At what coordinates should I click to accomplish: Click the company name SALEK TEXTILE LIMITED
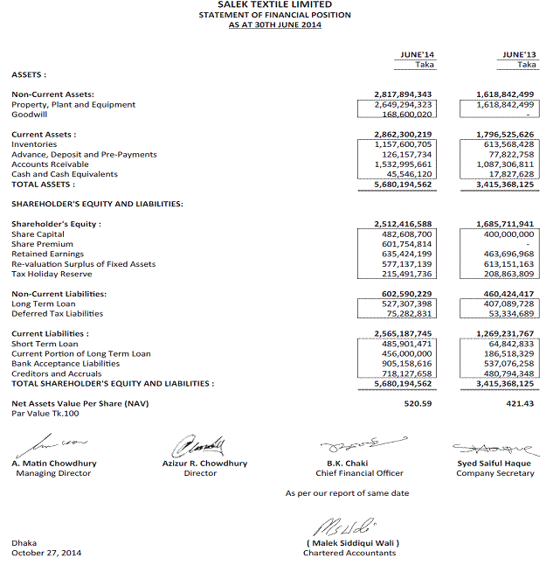coord(274,5)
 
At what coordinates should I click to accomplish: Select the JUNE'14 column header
coord(417,54)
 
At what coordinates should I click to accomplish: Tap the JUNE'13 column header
coord(520,54)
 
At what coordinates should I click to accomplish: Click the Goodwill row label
coord(29,115)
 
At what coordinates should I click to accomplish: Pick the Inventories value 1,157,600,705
coord(403,144)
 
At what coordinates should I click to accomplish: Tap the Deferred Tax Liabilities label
coord(57,313)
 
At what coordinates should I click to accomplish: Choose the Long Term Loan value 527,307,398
coord(403,303)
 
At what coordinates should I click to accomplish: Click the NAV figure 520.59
coord(419,403)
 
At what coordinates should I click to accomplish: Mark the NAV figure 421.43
coord(521,403)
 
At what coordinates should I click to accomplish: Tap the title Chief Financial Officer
coord(359,473)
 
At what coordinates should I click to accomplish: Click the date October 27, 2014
coord(46,553)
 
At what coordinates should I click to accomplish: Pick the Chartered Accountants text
coord(349,553)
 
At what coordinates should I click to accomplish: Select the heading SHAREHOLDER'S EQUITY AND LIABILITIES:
coord(97,204)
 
